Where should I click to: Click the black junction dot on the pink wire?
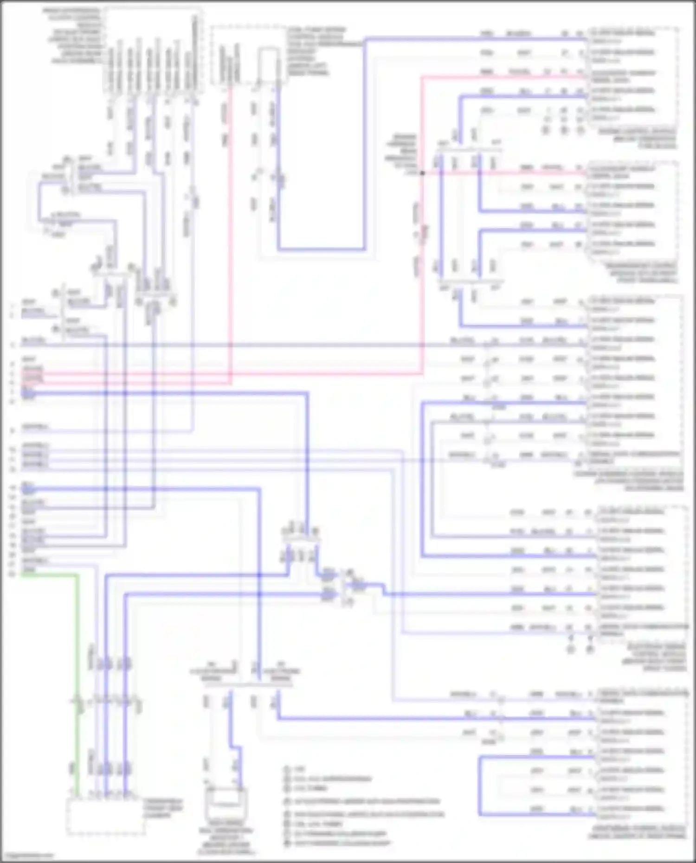422,173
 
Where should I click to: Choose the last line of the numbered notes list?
343,844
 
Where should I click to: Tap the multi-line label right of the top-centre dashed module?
320,51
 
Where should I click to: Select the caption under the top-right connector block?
638,139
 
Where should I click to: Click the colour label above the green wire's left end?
29,569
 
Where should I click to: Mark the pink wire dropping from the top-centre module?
230,232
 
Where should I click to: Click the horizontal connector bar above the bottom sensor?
248,684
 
